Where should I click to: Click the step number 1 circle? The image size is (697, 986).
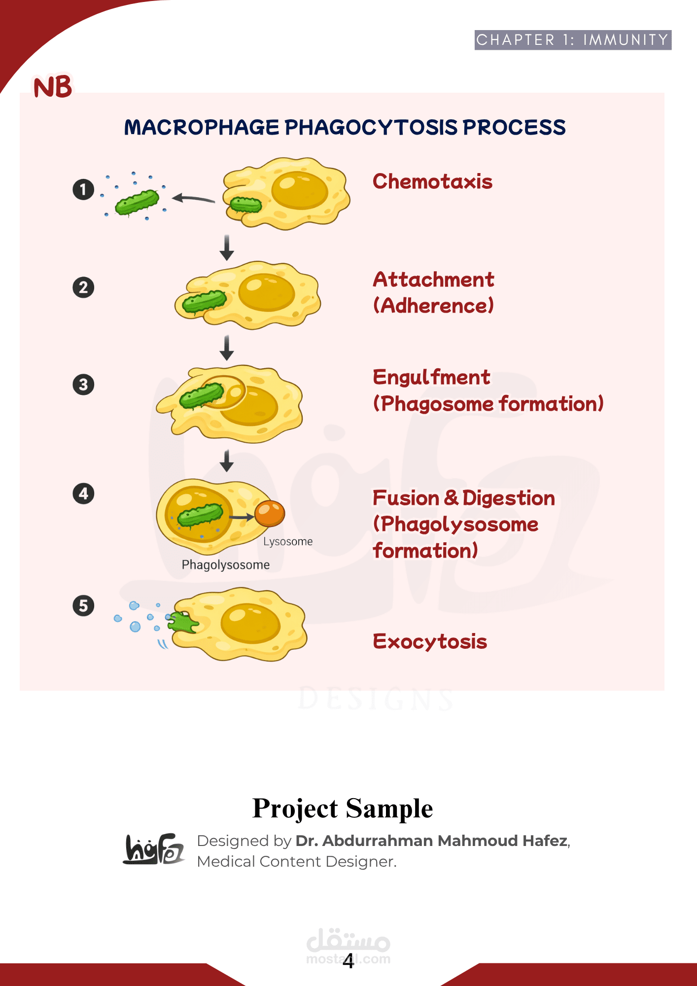[x=83, y=189]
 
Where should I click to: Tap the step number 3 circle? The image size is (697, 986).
[x=83, y=385]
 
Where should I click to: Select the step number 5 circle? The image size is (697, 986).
[x=83, y=605]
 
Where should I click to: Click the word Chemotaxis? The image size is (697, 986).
[x=432, y=181]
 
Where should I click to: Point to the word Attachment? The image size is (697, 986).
[x=433, y=280]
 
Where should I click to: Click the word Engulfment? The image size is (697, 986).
[x=431, y=377]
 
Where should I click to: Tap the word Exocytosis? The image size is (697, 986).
[x=430, y=641]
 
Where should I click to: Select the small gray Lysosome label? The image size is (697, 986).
[x=288, y=541]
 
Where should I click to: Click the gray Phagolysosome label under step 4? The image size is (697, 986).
[x=226, y=564]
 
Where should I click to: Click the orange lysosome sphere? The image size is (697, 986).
[x=270, y=513]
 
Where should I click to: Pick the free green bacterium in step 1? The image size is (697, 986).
[x=137, y=202]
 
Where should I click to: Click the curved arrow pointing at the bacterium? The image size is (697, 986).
[x=193, y=199]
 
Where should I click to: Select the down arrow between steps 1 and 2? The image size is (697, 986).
[x=227, y=247]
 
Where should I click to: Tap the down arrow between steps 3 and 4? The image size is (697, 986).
[x=227, y=461]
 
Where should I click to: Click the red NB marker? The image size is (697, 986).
[x=53, y=87]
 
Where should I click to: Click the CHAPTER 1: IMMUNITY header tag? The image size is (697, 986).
[x=572, y=40]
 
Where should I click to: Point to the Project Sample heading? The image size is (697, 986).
[x=343, y=809]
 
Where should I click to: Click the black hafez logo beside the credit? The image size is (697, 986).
[x=154, y=849]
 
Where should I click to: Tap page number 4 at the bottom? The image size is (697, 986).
[x=348, y=961]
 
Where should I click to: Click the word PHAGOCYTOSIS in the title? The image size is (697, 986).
[x=372, y=127]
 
